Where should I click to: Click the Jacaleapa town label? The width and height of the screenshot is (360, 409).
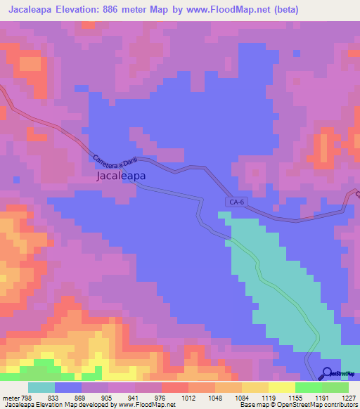coord(120,178)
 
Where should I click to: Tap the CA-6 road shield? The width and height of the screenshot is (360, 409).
coord(236,202)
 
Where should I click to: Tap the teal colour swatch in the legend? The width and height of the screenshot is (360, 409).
coord(41,387)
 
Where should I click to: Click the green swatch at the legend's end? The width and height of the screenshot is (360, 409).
coord(335,387)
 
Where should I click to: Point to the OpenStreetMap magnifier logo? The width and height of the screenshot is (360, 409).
coord(328,373)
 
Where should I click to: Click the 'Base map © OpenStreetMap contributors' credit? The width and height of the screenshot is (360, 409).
coord(299,405)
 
